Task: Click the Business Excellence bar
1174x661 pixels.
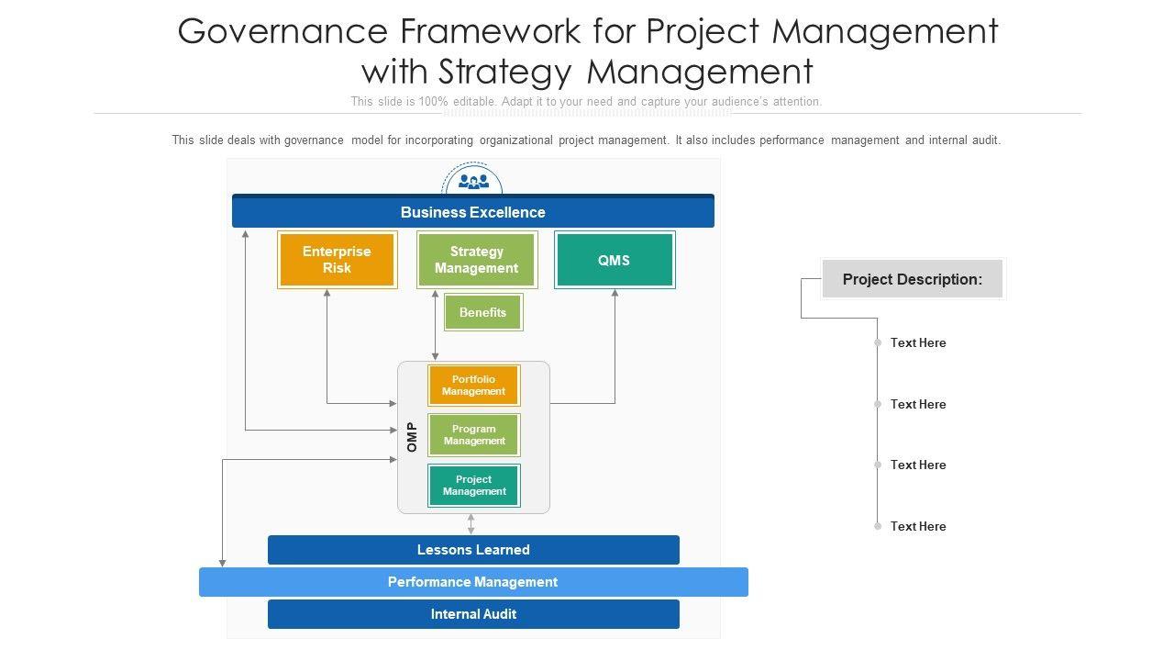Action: click(x=472, y=211)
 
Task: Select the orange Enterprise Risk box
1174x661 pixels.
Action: click(x=337, y=260)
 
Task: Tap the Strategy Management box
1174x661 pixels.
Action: click(x=477, y=260)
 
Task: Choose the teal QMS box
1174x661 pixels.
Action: click(x=615, y=260)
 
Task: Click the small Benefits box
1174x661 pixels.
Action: click(x=483, y=312)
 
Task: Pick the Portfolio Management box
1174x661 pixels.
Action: click(x=474, y=385)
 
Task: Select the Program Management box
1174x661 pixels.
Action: click(x=474, y=435)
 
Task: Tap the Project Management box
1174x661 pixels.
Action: click(x=474, y=486)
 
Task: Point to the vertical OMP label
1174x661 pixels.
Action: click(x=412, y=437)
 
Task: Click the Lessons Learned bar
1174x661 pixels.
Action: click(x=473, y=550)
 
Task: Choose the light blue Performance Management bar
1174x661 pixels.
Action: click(x=473, y=582)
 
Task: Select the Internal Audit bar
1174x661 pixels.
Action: click(x=473, y=614)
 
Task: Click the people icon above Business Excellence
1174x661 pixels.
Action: click(x=473, y=182)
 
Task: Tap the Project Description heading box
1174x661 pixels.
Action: click(x=913, y=279)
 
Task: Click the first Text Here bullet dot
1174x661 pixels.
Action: click(x=878, y=342)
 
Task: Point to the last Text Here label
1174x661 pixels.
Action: click(x=918, y=526)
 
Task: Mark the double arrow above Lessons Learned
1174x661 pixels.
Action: click(x=471, y=524)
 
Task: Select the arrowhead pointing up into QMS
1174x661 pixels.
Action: click(x=615, y=293)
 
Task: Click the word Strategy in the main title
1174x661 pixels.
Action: click(x=504, y=73)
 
